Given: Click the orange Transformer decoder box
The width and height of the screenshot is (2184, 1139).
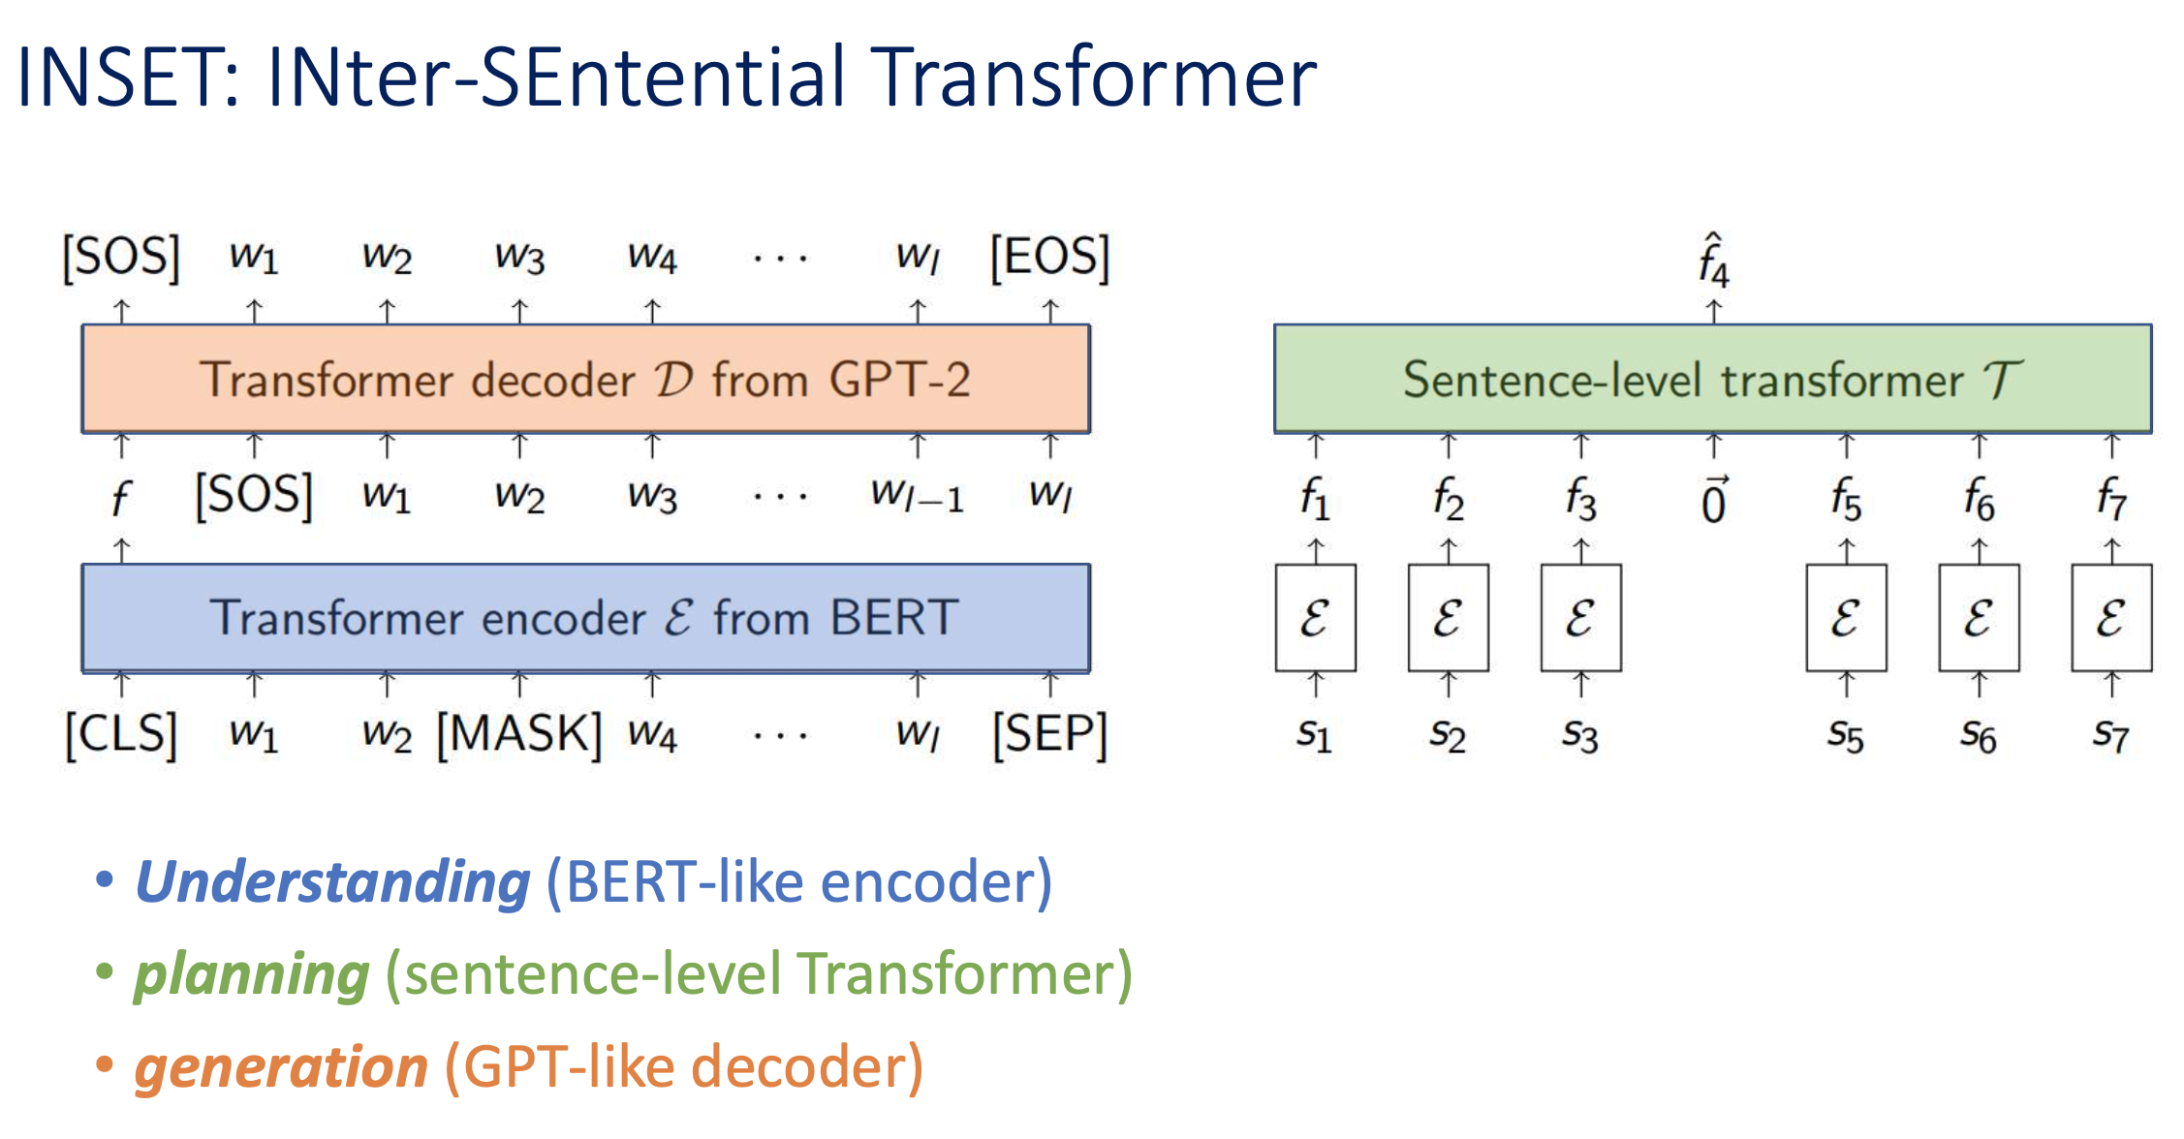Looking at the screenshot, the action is (585, 379).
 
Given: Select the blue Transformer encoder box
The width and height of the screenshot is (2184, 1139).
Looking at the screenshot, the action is (585, 618).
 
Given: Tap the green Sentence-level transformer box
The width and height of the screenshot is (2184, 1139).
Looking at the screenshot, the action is (1712, 379).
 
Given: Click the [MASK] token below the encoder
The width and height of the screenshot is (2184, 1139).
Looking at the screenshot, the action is (519, 734).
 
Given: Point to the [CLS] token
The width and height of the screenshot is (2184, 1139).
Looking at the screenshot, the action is (121, 734).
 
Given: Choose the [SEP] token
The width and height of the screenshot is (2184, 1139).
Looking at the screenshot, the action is (1049, 734).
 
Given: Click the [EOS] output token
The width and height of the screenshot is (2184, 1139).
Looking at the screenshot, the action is (1049, 258).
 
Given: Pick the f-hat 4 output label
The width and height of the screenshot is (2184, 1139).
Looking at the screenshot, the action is (1713, 262).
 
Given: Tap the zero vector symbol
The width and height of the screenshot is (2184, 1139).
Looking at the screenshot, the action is (1713, 501).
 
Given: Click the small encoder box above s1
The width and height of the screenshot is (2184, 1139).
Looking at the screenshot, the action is (1315, 618).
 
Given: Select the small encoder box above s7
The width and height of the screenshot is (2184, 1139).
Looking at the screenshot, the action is (2111, 618).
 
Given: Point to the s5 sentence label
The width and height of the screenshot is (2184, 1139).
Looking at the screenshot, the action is (1846, 736).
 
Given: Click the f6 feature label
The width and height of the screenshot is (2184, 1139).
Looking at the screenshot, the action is (1979, 500).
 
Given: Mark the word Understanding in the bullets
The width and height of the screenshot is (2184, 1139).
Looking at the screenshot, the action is (332, 882).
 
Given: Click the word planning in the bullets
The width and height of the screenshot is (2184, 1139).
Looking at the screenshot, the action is (252, 974).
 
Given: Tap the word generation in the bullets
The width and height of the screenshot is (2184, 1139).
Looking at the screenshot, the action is (281, 1067).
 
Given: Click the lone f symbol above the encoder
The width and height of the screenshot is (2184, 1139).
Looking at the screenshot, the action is (120, 499).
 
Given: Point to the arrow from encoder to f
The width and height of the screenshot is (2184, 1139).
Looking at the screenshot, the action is (121, 550).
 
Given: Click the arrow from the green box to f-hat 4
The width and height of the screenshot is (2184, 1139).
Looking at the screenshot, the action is (1713, 311).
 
